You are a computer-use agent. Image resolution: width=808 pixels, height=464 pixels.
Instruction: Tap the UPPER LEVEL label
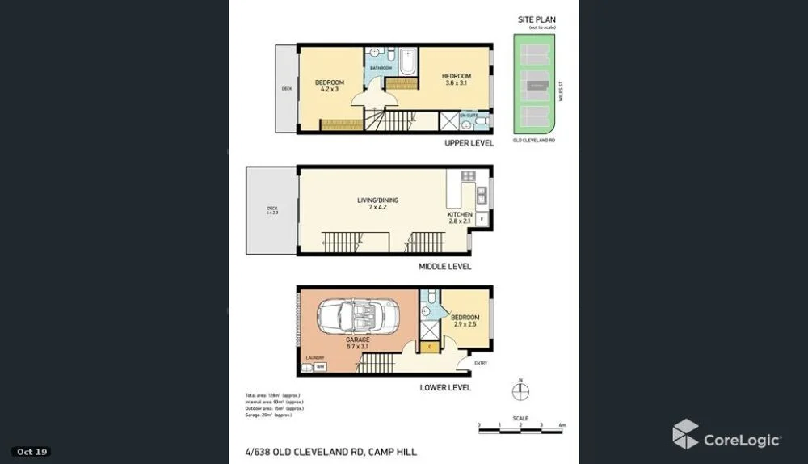[469, 143]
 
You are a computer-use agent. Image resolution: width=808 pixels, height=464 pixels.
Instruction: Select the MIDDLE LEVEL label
[444, 266]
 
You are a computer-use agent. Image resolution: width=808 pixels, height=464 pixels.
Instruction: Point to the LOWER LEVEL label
[445, 388]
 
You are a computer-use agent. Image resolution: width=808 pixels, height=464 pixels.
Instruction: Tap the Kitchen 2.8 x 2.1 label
[460, 218]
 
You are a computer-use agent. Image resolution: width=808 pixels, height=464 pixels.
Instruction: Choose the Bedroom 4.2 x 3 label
[330, 86]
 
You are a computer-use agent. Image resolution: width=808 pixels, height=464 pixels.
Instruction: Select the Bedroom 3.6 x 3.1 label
[456, 80]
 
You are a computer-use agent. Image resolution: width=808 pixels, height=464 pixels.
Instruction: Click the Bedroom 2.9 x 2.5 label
[465, 321]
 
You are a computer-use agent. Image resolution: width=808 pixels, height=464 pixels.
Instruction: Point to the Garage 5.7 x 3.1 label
[358, 344]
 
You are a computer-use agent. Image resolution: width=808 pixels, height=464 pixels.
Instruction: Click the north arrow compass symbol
[522, 391]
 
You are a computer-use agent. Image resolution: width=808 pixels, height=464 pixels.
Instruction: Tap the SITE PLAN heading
[537, 19]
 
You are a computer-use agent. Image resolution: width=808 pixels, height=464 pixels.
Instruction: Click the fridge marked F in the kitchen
[482, 218]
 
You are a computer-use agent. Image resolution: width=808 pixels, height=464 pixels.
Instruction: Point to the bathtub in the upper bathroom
[406, 61]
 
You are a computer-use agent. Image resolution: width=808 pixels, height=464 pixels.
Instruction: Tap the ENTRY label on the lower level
[481, 363]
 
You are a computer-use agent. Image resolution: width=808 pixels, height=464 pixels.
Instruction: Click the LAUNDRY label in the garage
[315, 358]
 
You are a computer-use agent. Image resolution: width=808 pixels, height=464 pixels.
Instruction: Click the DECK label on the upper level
[286, 89]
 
